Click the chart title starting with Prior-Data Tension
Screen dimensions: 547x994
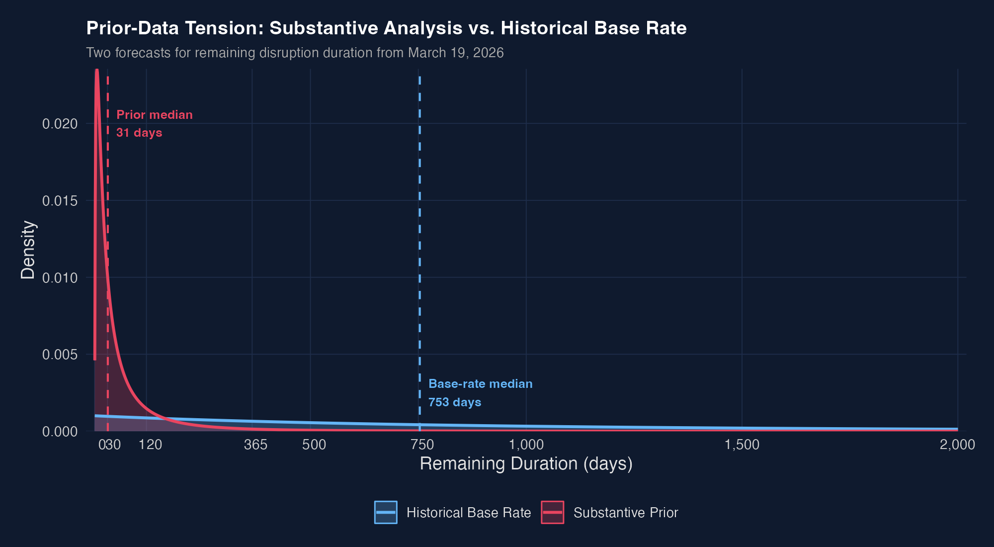click(386, 28)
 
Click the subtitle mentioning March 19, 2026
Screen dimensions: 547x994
click(295, 53)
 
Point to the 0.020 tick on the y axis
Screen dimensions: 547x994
click(60, 124)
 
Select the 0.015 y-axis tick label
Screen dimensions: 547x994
click(60, 201)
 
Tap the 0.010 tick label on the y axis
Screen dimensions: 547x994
click(60, 278)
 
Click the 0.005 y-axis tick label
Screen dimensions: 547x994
click(60, 355)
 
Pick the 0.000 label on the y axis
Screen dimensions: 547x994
click(60, 432)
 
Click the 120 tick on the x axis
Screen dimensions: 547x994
click(150, 445)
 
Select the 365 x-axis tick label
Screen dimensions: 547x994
click(255, 445)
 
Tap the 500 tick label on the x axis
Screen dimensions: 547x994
click(314, 445)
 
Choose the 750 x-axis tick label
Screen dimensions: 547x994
click(422, 445)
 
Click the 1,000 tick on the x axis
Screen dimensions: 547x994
click(526, 445)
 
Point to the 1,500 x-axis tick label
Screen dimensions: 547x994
click(742, 445)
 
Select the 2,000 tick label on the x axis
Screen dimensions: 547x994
click(957, 445)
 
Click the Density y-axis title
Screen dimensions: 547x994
click(28, 250)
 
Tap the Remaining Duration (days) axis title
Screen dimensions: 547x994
click(526, 464)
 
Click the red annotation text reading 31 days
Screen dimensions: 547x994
click(139, 133)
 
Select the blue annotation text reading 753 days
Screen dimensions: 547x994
click(455, 402)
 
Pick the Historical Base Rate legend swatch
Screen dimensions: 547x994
click(386, 512)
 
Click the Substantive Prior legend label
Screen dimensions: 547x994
click(625, 513)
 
